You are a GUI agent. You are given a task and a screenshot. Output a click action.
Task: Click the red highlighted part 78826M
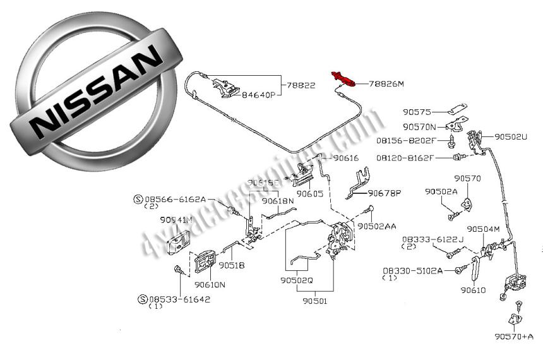(x=343, y=78)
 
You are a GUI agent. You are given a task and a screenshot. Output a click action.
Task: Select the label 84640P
(x=259, y=95)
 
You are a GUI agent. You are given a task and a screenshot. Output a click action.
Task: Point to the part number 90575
(x=417, y=112)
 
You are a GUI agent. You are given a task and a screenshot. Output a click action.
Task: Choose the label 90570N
(x=420, y=126)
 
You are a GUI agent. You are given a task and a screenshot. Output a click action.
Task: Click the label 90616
(x=346, y=159)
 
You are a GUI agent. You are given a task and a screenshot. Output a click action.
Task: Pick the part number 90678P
(x=385, y=193)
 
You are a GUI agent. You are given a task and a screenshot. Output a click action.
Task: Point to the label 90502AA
(x=377, y=225)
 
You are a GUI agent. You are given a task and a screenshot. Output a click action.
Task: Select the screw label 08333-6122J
(x=433, y=239)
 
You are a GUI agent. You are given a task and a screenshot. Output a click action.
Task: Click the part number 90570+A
(x=514, y=336)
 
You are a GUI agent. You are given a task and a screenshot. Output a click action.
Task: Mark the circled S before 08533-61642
(x=143, y=298)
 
